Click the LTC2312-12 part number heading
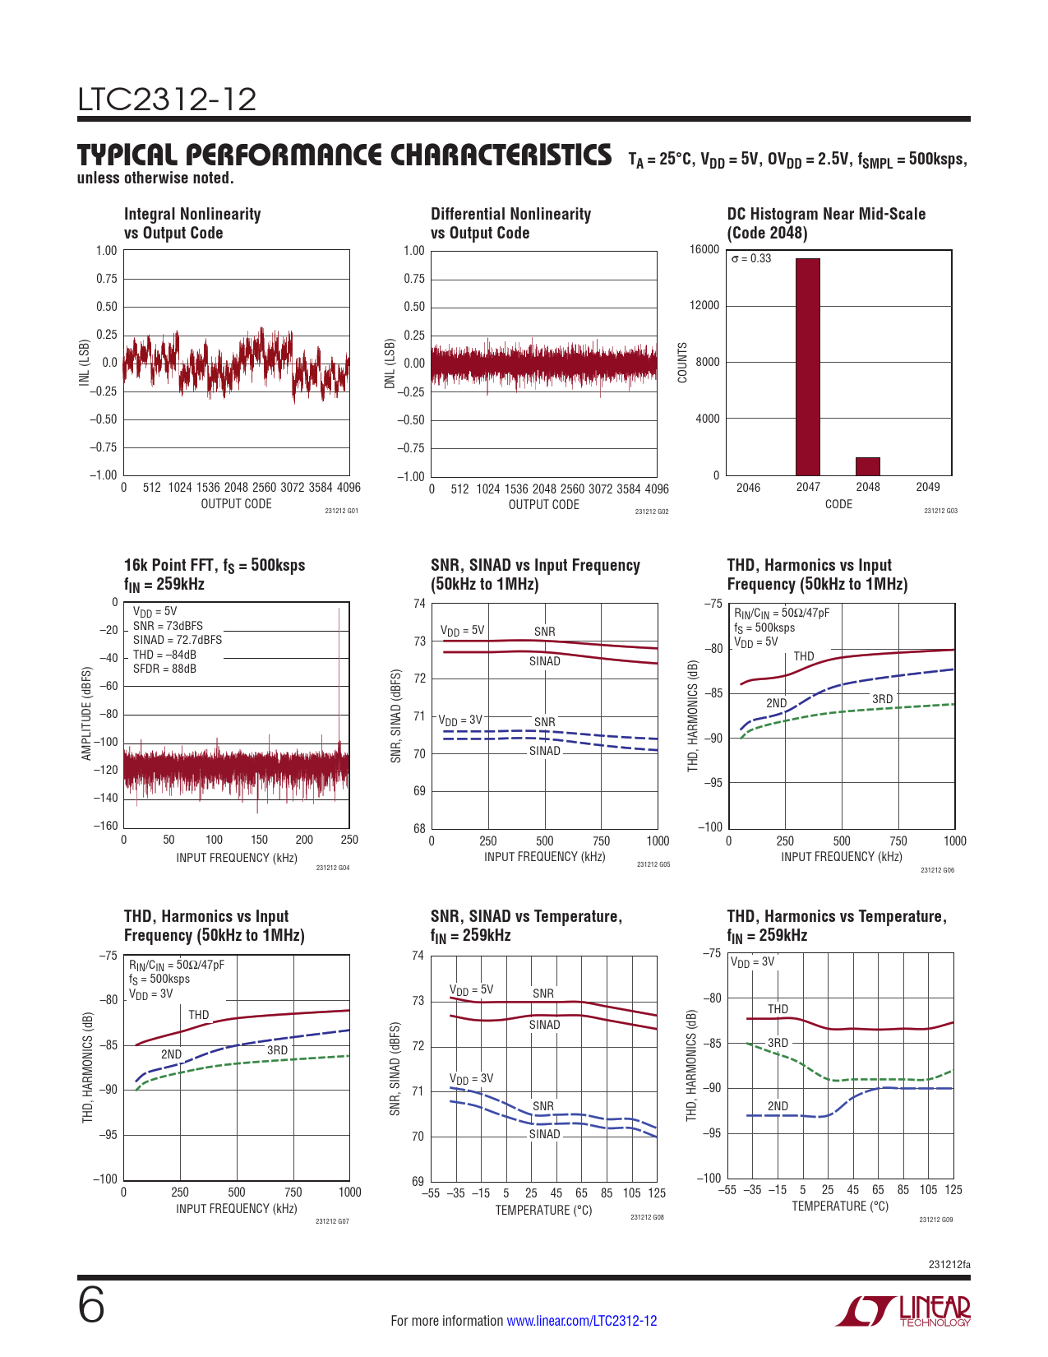pos(167,100)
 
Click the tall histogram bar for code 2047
pos(807,367)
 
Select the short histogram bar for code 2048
pos(867,466)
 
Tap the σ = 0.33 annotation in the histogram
pos(751,258)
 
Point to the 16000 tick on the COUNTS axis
pos(704,249)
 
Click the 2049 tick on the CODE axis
pos(927,487)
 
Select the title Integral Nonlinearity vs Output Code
pos(192,224)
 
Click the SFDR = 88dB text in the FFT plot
pos(164,669)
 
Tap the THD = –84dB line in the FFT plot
pos(164,655)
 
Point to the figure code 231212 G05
pos(653,864)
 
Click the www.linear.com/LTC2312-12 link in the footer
pos(581,1321)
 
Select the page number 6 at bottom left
pos(91,1305)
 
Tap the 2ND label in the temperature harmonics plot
pos(778,1106)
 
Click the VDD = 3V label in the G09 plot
pos(752,961)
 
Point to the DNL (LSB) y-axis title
pos(390,364)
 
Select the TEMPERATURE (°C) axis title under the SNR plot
pos(543,1211)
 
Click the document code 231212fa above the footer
pos(949,1264)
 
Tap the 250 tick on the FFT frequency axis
pos(349,840)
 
